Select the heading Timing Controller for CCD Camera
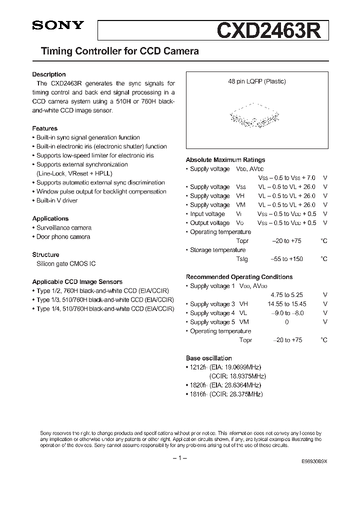115,51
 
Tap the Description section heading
49,74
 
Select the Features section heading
45,128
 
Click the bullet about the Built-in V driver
56,200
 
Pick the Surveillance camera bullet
63,227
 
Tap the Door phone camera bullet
63,236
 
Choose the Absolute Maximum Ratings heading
225,160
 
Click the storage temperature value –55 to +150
286,259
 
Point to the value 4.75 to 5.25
286,295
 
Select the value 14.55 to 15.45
288,304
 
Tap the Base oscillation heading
209,358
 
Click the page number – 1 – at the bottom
179,458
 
